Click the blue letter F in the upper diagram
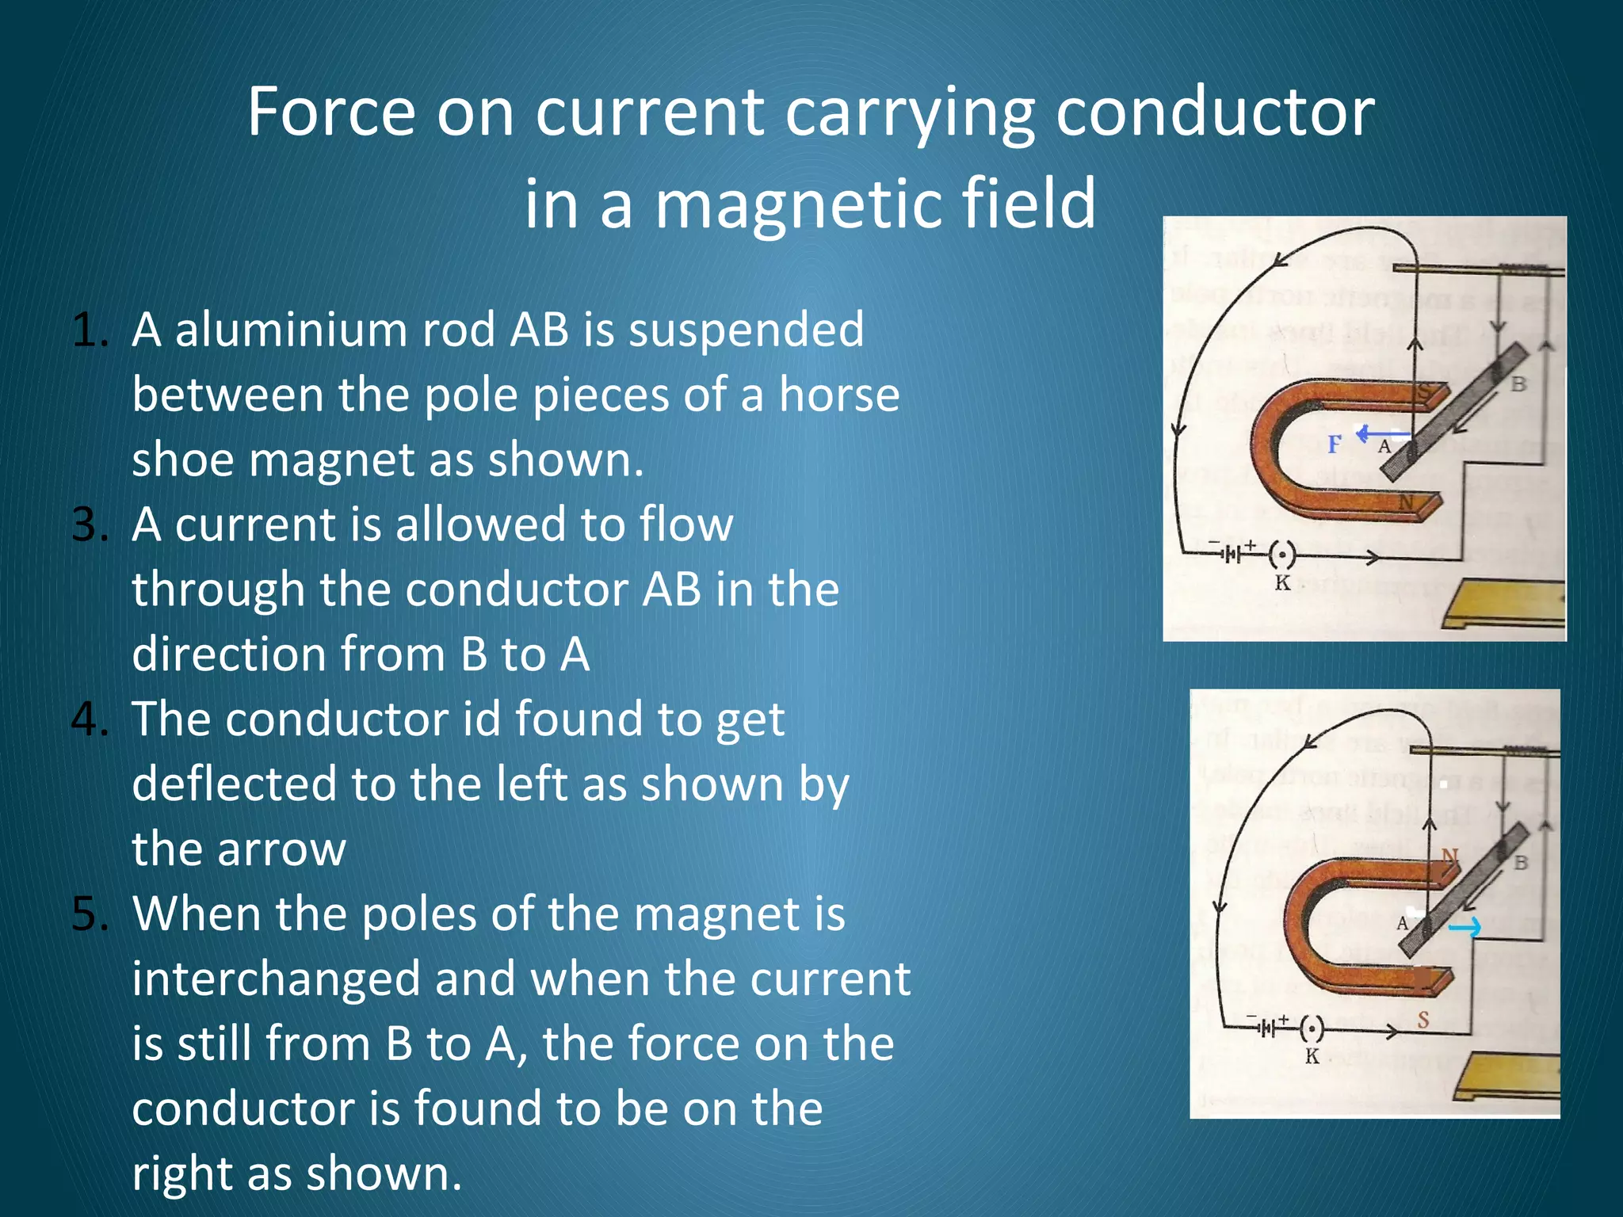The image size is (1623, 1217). click(x=1335, y=444)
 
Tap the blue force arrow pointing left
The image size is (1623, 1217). click(x=1382, y=434)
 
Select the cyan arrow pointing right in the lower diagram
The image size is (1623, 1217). click(x=1465, y=926)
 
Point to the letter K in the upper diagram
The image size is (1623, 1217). click(x=1282, y=584)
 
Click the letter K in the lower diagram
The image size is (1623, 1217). click(x=1312, y=1056)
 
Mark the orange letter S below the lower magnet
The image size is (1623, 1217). click(x=1423, y=1020)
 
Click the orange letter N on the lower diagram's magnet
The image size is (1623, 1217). click(x=1449, y=856)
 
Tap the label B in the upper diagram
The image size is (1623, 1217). click(x=1518, y=384)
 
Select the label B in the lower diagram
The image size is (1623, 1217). click(x=1521, y=862)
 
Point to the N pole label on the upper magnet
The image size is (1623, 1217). click(x=1407, y=502)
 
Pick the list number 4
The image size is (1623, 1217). click(x=89, y=719)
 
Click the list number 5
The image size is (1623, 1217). click(x=89, y=914)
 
